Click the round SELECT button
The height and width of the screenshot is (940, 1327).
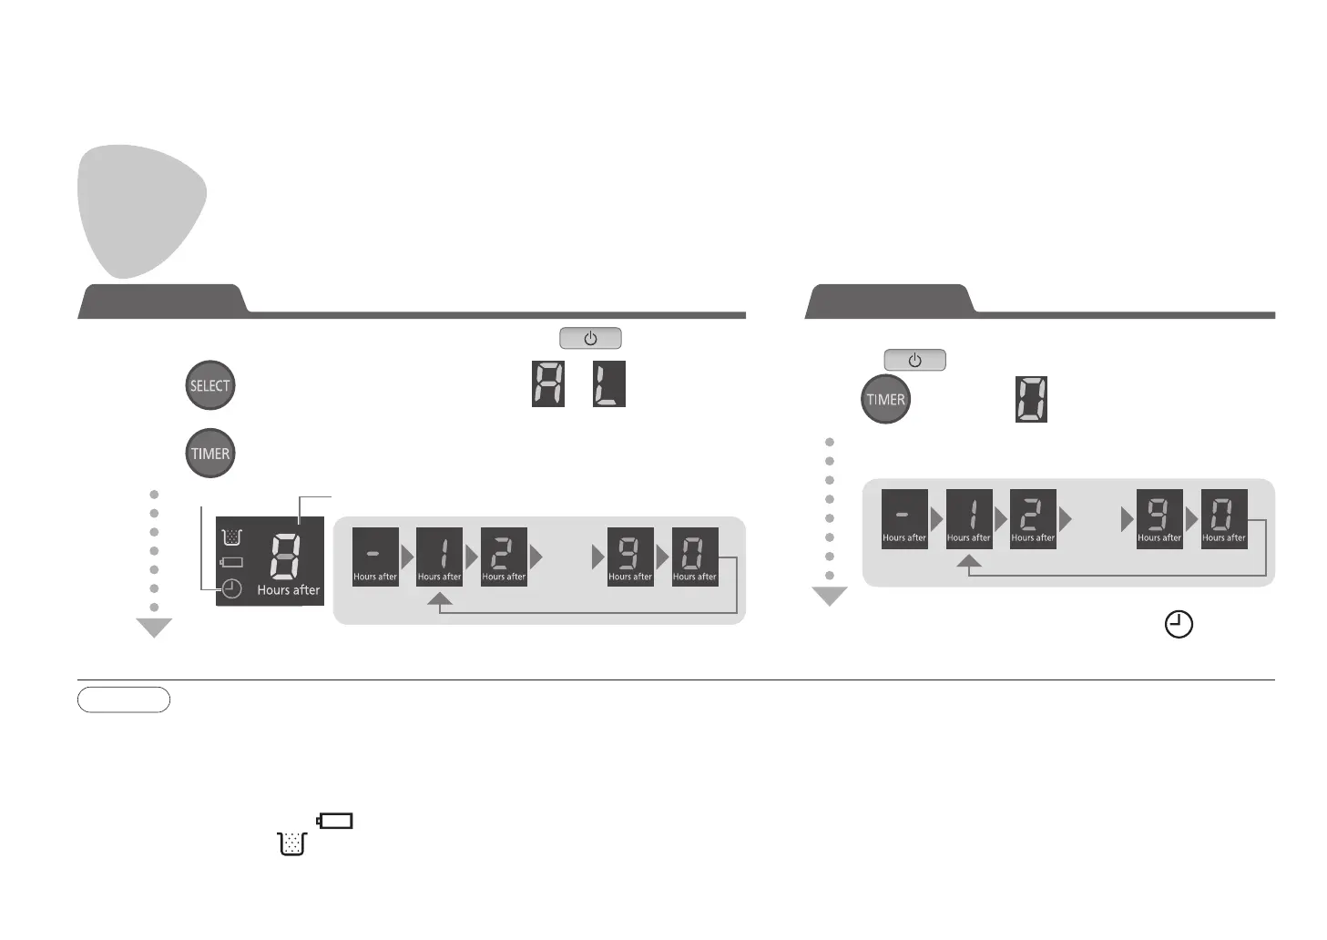tap(209, 385)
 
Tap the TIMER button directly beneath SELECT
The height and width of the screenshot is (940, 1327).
tap(209, 454)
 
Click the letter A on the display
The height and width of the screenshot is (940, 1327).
tap(548, 384)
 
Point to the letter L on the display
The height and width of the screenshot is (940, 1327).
tap(608, 384)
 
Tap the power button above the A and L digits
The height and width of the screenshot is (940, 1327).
tap(590, 339)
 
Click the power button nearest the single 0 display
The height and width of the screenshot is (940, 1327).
tap(914, 360)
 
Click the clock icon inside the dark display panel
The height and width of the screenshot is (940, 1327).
tap(232, 588)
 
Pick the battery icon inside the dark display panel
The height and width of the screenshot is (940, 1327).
tap(231, 562)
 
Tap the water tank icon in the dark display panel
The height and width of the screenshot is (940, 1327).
tap(231, 536)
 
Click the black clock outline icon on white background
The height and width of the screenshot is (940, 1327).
tap(1179, 625)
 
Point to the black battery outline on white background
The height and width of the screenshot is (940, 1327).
tap(335, 821)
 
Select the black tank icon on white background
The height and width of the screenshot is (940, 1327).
tap(292, 843)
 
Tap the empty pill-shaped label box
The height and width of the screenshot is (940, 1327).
tap(124, 700)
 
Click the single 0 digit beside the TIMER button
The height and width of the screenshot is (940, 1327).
tap(1031, 399)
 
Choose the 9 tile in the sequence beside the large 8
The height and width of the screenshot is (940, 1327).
tap(630, 557)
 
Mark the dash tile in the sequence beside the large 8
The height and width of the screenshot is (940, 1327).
tap(375, 557)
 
